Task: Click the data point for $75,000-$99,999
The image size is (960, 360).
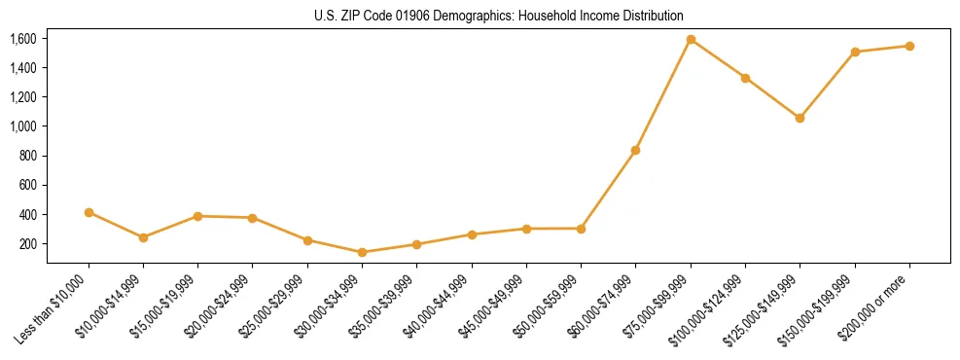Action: [691, 40]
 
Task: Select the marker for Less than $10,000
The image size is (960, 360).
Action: [89, 212]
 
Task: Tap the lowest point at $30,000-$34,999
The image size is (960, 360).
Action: [362, 252]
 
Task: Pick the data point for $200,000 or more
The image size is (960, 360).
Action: [909, 46]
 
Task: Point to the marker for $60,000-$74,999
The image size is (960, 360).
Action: [635, 150]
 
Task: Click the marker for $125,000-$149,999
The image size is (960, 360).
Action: [800, 118]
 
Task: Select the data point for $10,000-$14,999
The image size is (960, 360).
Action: [143, 237]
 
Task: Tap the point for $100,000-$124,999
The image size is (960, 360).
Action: [745, 78]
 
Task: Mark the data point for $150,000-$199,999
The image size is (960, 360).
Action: [855, 52]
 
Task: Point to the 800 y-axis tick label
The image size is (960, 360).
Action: [27, 156]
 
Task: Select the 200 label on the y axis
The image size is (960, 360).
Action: [27, 243]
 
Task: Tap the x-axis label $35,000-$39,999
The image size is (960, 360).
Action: [387, 305]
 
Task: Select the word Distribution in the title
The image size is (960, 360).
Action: [652, 16]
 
